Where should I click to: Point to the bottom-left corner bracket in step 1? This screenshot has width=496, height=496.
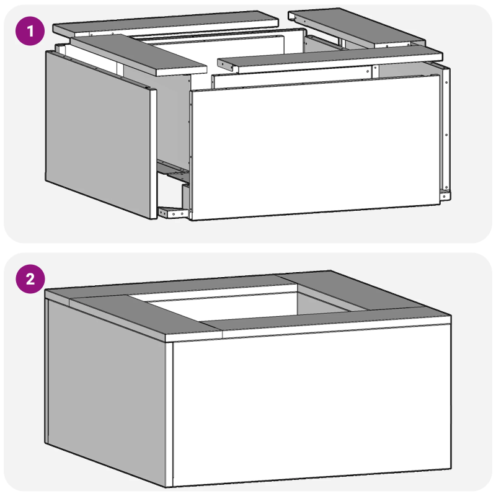pyautogui.click(x=174, y=213)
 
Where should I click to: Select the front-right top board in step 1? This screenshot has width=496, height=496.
pyautogui.click(x=329, y=59)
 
